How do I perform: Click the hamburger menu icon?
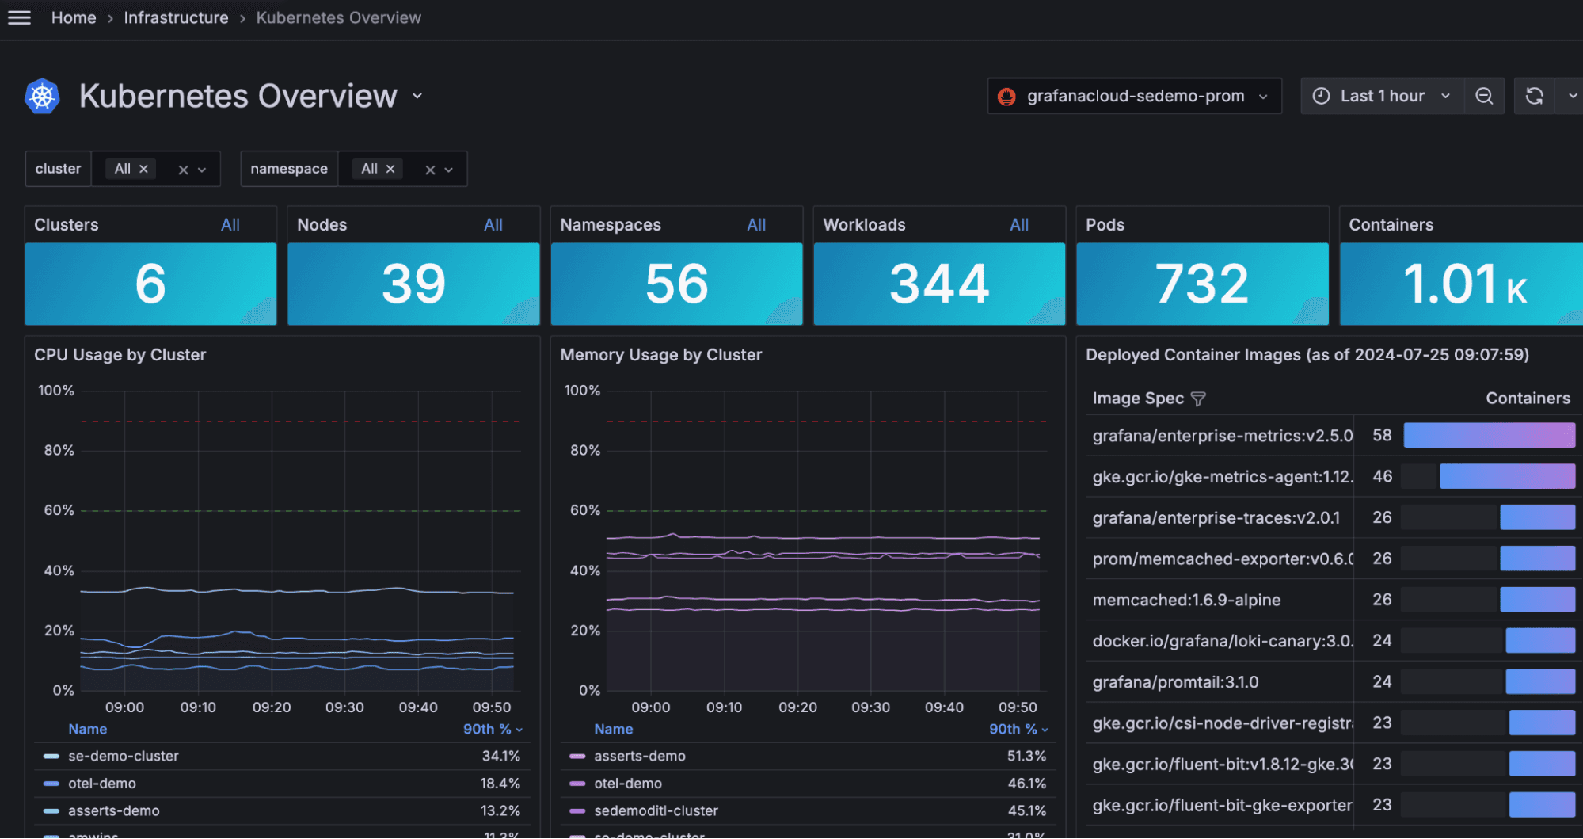coord(19,17)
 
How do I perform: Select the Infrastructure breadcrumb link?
coord(176,17)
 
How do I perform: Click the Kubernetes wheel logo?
coord(43,97)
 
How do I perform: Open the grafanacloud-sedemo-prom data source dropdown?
coord(1134,96)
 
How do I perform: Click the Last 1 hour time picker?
coord(1382,96)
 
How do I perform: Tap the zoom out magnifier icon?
coord(1484,96)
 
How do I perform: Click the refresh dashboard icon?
coord(1534,96)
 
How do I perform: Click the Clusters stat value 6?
coord(150,284)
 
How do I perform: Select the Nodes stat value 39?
coord(413,284)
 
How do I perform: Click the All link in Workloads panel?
coord(1018,225)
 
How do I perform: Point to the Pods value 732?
coord(1201,284)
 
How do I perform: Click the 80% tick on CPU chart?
coord(59,450)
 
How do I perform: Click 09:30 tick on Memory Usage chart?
coord(870,707)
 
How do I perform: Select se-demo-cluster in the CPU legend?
coord(124,756)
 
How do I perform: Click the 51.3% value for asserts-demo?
coord(1026,756)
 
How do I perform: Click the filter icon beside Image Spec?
coord(1198,399)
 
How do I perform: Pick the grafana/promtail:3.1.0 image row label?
coord(1175,682)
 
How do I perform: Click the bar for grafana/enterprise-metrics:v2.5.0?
coord(1489,435)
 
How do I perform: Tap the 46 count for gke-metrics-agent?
coord(1382,476)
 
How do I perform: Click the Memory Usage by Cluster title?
coord(660,355)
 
